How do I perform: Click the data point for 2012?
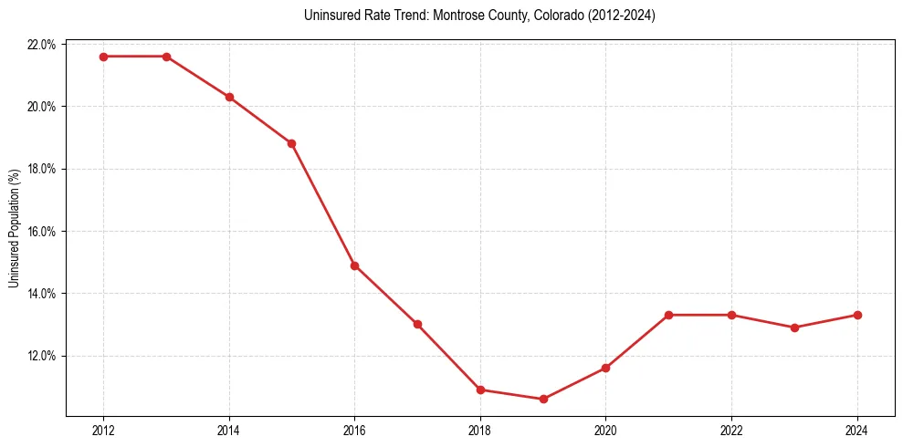tap(103, 57)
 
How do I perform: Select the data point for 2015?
tap(291, 143)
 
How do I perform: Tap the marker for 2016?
tap(354, 265)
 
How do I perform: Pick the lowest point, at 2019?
tap(543, 399)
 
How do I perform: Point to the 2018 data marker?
tap(480, 390)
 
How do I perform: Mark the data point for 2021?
tap(668, 315)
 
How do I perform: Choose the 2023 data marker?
tap(794, 327)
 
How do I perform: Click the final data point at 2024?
tap(857, 315)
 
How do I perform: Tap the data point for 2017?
tap(417, 324)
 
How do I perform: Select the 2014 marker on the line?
tap(229, 97)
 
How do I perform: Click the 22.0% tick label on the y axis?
tap(43, 45)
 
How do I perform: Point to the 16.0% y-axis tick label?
tap(43, 232)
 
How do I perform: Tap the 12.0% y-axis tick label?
tap(43, 356)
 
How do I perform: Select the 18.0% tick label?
tap(43, 170)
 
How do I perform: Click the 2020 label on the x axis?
tap(605, 430)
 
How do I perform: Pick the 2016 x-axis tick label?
tap(354, 430)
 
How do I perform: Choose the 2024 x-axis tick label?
tap(857, 430)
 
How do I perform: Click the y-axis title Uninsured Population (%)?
tap(14, 228)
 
